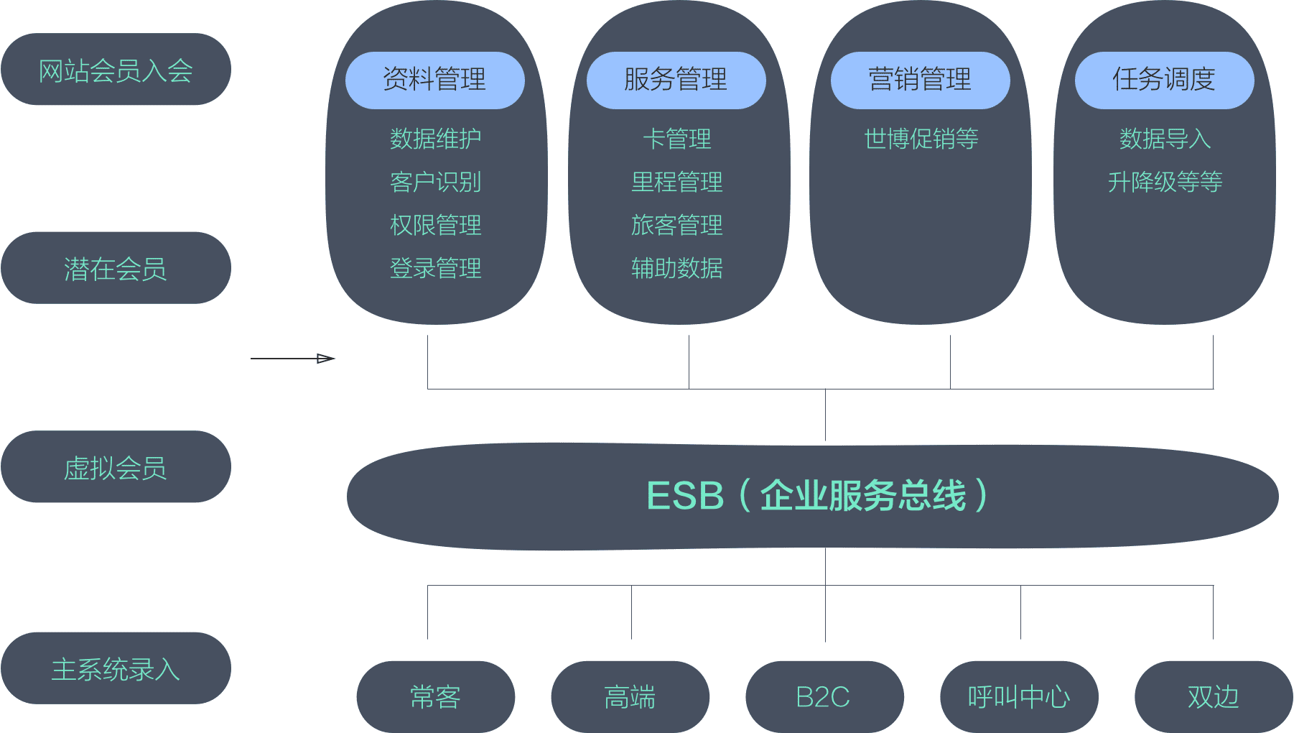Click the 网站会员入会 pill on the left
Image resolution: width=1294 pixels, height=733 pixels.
(116, 70)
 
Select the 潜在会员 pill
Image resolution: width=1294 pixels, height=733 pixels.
(116, 268)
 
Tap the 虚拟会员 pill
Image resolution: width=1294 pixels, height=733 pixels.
(116, 467)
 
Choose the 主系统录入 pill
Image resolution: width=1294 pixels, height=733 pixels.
(116, 668)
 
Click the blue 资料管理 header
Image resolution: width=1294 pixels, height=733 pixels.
(434, 80)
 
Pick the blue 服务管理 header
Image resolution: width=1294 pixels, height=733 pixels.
(676, 80)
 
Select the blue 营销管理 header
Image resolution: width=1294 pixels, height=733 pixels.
(920, 80)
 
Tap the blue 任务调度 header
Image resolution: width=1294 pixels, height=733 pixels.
(1164, 80)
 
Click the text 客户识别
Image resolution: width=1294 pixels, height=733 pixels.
(435, 182)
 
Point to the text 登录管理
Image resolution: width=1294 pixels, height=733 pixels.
(435, 268)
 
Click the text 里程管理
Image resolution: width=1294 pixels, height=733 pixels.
(676, 182)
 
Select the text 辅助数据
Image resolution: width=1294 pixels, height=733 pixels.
(676, 268)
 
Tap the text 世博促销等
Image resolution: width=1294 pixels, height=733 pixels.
(921, 139)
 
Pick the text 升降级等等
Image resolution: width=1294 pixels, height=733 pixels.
(1165, 182)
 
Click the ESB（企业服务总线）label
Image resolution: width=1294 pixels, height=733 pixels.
(817, 496)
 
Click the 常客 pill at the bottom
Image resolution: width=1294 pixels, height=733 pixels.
(435, 696)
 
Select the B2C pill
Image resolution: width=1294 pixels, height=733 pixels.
(824, 696)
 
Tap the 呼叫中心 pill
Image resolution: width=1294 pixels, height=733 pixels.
(1018, 696)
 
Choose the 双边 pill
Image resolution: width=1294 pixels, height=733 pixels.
(1213, 696)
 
